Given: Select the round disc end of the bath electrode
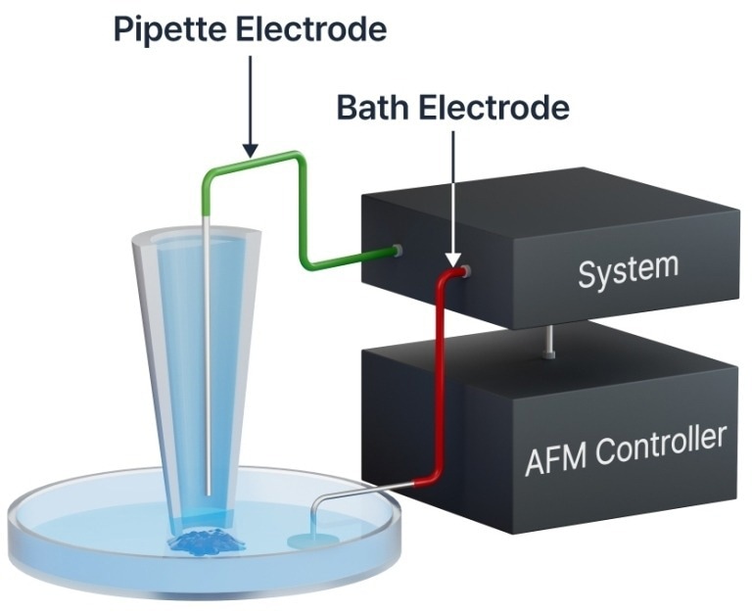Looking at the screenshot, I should point(306,540).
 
